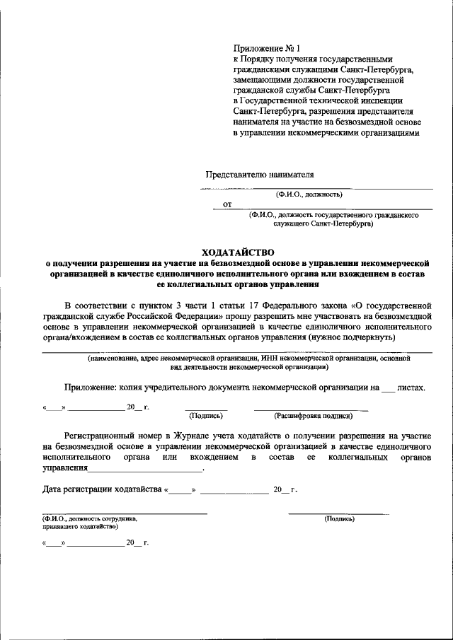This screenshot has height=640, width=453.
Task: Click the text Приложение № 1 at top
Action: [261, 48]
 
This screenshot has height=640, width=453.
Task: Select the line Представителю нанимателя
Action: [259, 174]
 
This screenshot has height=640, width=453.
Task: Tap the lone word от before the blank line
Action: [227, 205]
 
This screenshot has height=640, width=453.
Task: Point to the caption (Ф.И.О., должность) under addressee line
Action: [309, 193]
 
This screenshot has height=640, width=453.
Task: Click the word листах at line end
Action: [411, 388]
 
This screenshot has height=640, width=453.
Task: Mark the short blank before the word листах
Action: [386, 390]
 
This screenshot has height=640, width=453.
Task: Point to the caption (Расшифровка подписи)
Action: [304, 417]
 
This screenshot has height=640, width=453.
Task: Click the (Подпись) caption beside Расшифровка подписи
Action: [206, 417]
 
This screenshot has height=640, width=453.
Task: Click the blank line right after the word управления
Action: [145, 470]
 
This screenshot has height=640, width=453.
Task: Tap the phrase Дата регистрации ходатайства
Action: [102, 489]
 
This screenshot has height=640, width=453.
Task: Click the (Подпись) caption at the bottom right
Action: [339, 518]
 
